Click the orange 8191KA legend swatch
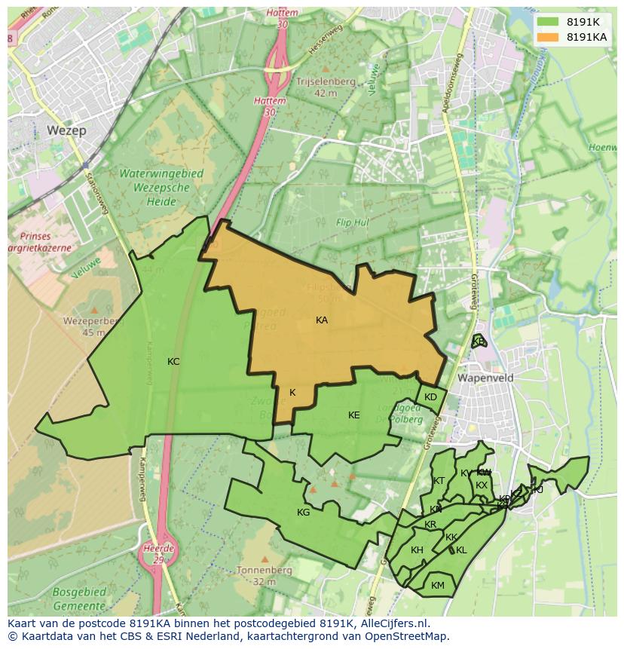click(548, 36)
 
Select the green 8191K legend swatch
click(548, 21)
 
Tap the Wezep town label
click(66, 130)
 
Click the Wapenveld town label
click(485, 378)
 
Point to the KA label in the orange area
click(322, 320)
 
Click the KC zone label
click(173, 362)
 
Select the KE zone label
click(354, 415)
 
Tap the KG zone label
click(303, 513)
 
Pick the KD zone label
click(430, 397)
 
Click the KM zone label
click(438, 586)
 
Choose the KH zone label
click(417, 550)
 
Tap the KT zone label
click(439, 481)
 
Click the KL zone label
click(461, 550)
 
